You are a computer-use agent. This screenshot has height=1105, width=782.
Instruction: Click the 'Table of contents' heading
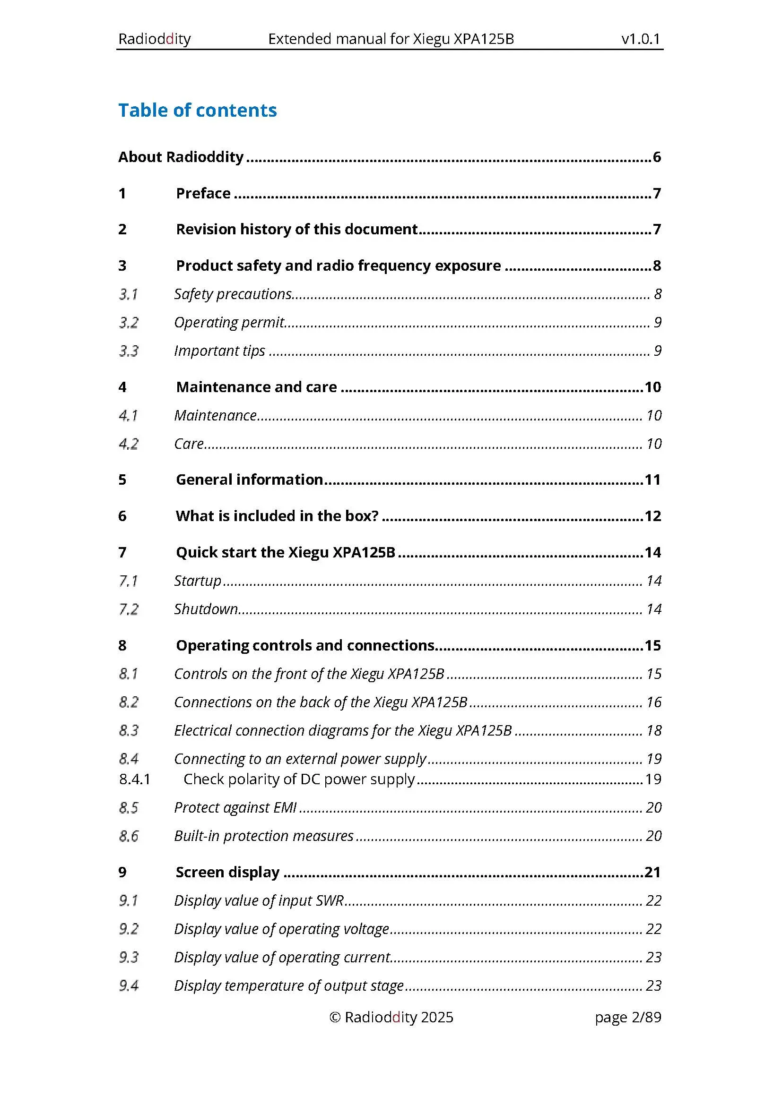198,110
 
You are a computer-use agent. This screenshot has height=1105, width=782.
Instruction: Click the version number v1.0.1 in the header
641,38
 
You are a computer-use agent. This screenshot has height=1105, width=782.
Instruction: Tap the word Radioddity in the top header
155,38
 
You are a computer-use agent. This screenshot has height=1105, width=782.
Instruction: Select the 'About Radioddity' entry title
181,157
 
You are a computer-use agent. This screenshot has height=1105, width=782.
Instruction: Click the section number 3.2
129,323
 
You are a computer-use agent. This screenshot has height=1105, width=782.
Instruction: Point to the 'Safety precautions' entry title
233,294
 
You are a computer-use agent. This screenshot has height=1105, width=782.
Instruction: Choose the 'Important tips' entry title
219,351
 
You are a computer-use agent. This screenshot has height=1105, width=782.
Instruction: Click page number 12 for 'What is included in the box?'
652,516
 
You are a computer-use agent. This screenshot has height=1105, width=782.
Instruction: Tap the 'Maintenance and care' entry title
256,387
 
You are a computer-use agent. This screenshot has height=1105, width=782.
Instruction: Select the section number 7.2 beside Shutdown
129,609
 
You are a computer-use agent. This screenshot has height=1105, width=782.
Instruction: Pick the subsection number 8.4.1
135,779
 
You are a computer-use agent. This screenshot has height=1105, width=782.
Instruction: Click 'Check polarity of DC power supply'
299,779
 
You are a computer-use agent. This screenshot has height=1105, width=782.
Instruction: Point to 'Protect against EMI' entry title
235,807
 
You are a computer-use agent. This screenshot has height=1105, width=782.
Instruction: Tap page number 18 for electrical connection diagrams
653,730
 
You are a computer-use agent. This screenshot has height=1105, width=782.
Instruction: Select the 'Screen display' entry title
227,872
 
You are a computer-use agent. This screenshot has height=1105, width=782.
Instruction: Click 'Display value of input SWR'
259,900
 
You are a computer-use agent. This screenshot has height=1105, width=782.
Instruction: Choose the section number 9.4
129,985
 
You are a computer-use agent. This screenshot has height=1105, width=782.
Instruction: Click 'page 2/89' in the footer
628,1017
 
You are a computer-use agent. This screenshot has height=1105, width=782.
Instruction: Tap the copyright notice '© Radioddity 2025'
391,1017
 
